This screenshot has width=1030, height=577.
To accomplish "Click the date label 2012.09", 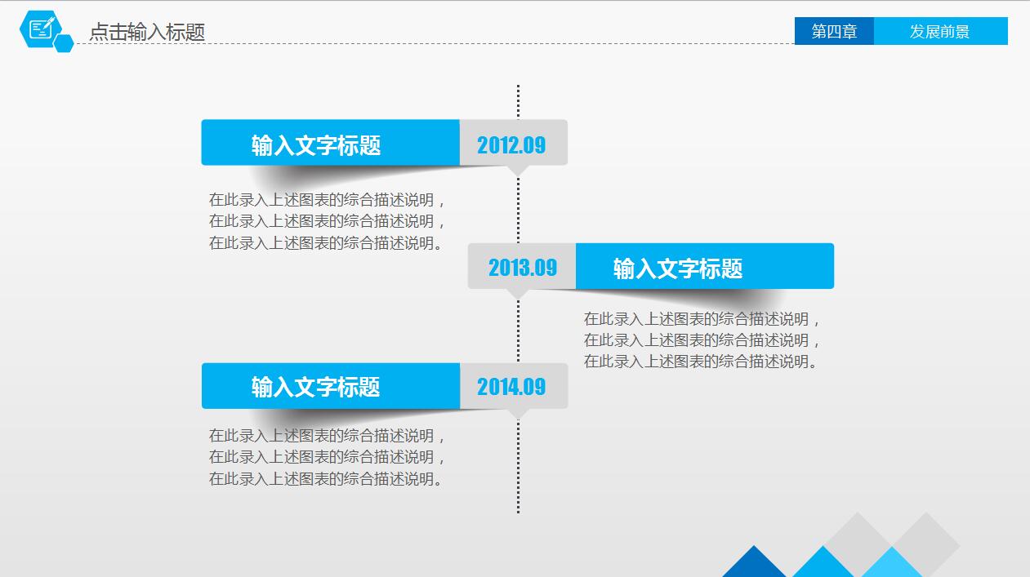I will tap(512, 144).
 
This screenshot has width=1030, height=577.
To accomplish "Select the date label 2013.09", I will tap(522, 267).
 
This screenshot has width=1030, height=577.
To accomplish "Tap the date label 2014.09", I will tap(512, 386).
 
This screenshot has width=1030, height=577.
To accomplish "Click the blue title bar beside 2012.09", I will tap(330, 144).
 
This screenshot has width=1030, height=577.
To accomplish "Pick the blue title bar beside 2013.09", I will tap(704, 267).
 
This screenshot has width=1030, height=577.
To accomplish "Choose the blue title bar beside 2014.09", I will tap(330, 386).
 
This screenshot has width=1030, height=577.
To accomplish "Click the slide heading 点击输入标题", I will tap(147, 32).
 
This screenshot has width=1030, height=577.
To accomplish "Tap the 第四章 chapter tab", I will tap(834, 31).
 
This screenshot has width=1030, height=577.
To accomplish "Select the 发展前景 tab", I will tap(940, 31).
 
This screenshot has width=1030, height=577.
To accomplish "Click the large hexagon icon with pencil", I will tap(41, 29).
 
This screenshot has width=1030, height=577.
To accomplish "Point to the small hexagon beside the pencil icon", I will tap(64, 44).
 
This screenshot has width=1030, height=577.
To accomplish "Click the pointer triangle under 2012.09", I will tap(518, 171).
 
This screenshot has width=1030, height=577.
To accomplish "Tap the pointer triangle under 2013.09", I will tap(518, 293).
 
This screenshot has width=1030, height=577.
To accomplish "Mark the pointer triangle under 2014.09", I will tap(518, 414).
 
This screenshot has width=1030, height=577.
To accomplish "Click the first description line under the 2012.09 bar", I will tap(327, 200).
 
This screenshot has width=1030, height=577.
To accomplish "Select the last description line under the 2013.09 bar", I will tap(701, 362).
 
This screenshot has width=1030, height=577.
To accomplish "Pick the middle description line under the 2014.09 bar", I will tap(327, 457).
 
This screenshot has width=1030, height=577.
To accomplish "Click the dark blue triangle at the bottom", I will tap(754, 564).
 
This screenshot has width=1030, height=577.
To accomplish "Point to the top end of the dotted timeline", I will tap(518, 87).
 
